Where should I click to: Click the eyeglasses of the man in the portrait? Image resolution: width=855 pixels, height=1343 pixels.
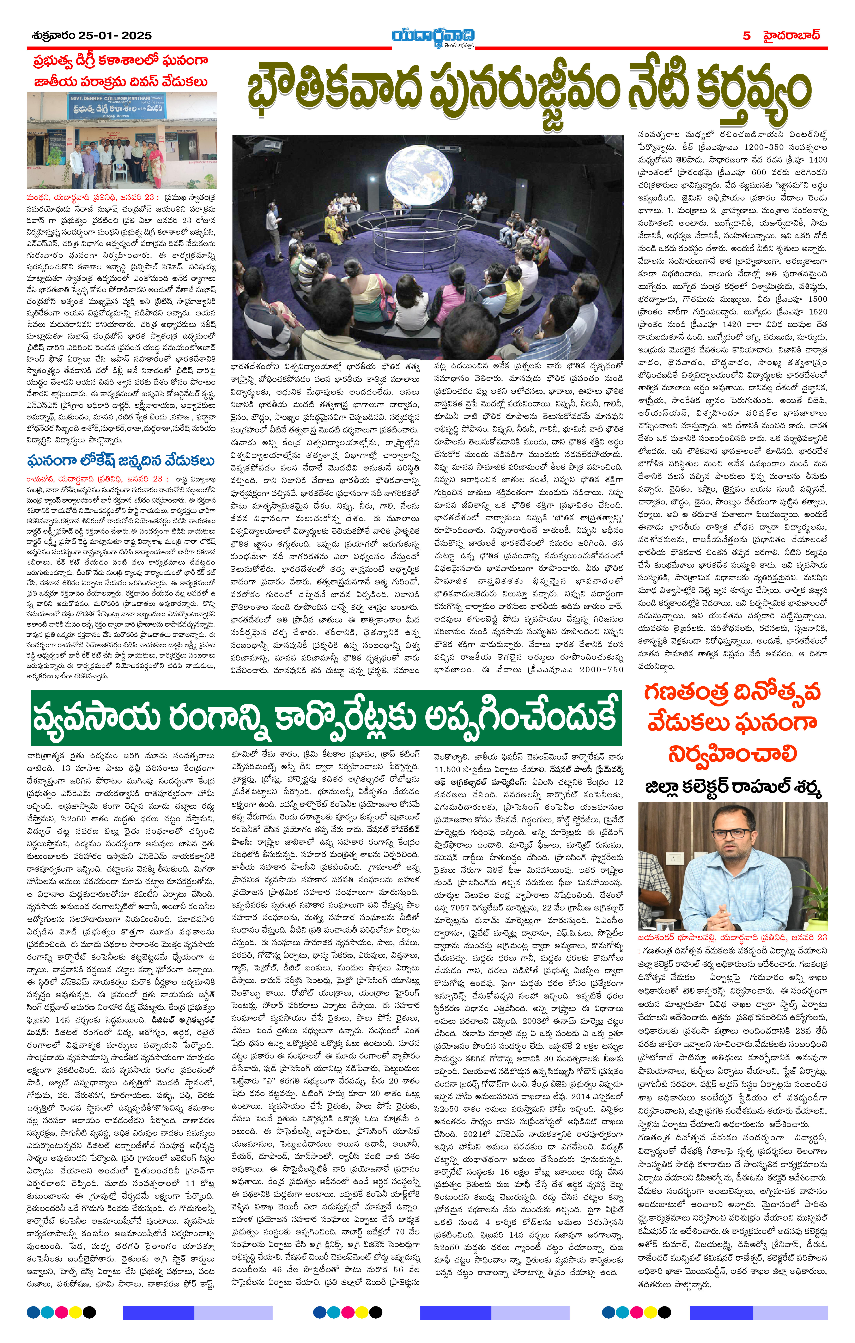pos(730,833)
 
